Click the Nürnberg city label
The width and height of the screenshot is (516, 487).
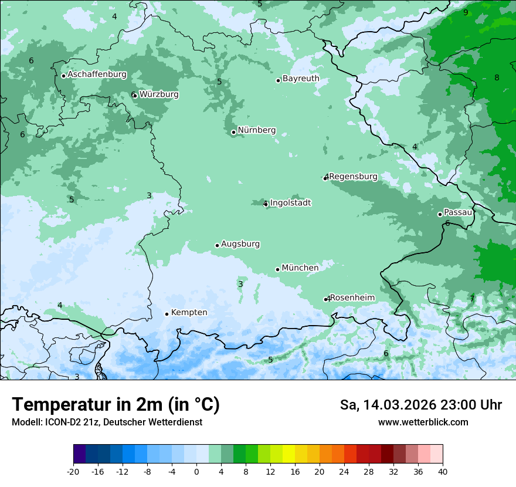coord(256,130)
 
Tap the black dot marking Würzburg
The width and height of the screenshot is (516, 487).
coord(134,95)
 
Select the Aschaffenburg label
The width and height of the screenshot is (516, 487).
coord(97,75)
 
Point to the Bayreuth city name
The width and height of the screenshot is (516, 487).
coord(301,78)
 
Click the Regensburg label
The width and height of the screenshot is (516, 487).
coord(353,177)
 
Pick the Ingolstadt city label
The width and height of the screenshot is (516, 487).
coord(290,203)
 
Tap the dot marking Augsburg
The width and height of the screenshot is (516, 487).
coord(217,245)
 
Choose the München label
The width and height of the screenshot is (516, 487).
coord(300,268)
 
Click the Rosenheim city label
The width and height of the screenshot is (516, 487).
coord(352,297)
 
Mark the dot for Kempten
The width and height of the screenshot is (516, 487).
coord(167,314)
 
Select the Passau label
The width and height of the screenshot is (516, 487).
coord(458,212)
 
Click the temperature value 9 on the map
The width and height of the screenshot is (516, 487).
coord(466,12)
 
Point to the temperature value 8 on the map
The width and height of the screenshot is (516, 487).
coord(497,77)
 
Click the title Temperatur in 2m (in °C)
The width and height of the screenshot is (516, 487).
coord(116,405)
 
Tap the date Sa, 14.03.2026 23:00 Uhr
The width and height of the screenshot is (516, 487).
coord(420,405)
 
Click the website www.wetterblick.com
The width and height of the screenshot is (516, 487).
coord(423,422)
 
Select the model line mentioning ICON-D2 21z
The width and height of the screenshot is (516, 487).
coord(107,422)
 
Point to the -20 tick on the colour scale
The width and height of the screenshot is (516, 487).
coord(73,471)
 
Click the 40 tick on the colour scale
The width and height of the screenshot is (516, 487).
coord(442,471)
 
